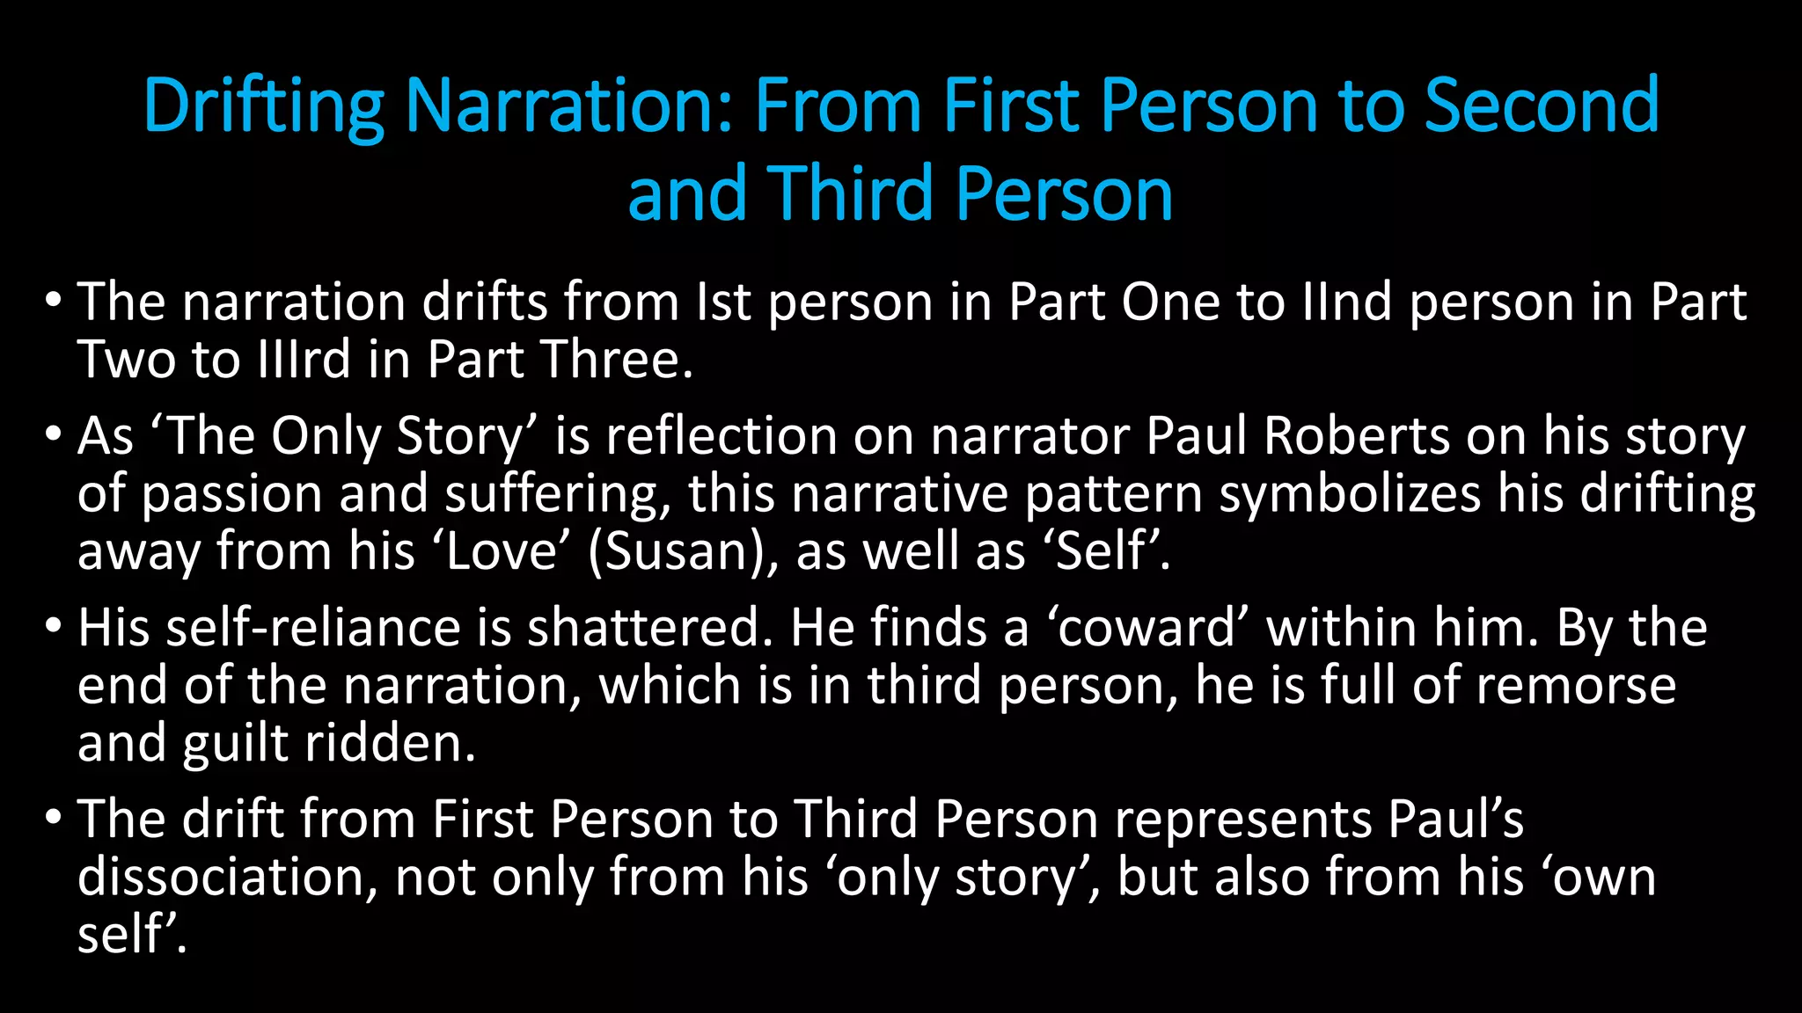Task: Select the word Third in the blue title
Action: click(x=851, y=193)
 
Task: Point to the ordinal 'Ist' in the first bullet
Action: click(x=723, y=302)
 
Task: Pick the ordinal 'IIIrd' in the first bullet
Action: click(x=304, y=360)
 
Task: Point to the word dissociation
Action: click(x=227, y=877)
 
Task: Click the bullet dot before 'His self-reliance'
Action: click(x=53, y=627)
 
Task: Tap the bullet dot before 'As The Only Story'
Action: click(x=53, y=435)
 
